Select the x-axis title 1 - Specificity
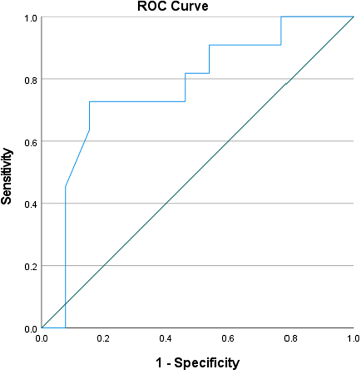(197, 362)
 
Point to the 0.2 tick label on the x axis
(104, 337)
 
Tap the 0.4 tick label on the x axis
(166, 337)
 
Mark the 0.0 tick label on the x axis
(42, 337)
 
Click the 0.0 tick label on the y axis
(30, 328)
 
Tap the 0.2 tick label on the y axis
(30, 266)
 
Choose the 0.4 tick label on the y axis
(30, 203)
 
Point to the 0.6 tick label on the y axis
(30, 141)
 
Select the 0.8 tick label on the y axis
(30, 79)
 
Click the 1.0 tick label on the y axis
(30, 17)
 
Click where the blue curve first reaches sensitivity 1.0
(282, 17)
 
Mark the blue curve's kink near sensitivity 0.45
(65, 187)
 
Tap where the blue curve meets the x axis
(65, 327)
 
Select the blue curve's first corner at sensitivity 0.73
(89, 101)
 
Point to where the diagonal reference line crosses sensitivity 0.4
(166, 203)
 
